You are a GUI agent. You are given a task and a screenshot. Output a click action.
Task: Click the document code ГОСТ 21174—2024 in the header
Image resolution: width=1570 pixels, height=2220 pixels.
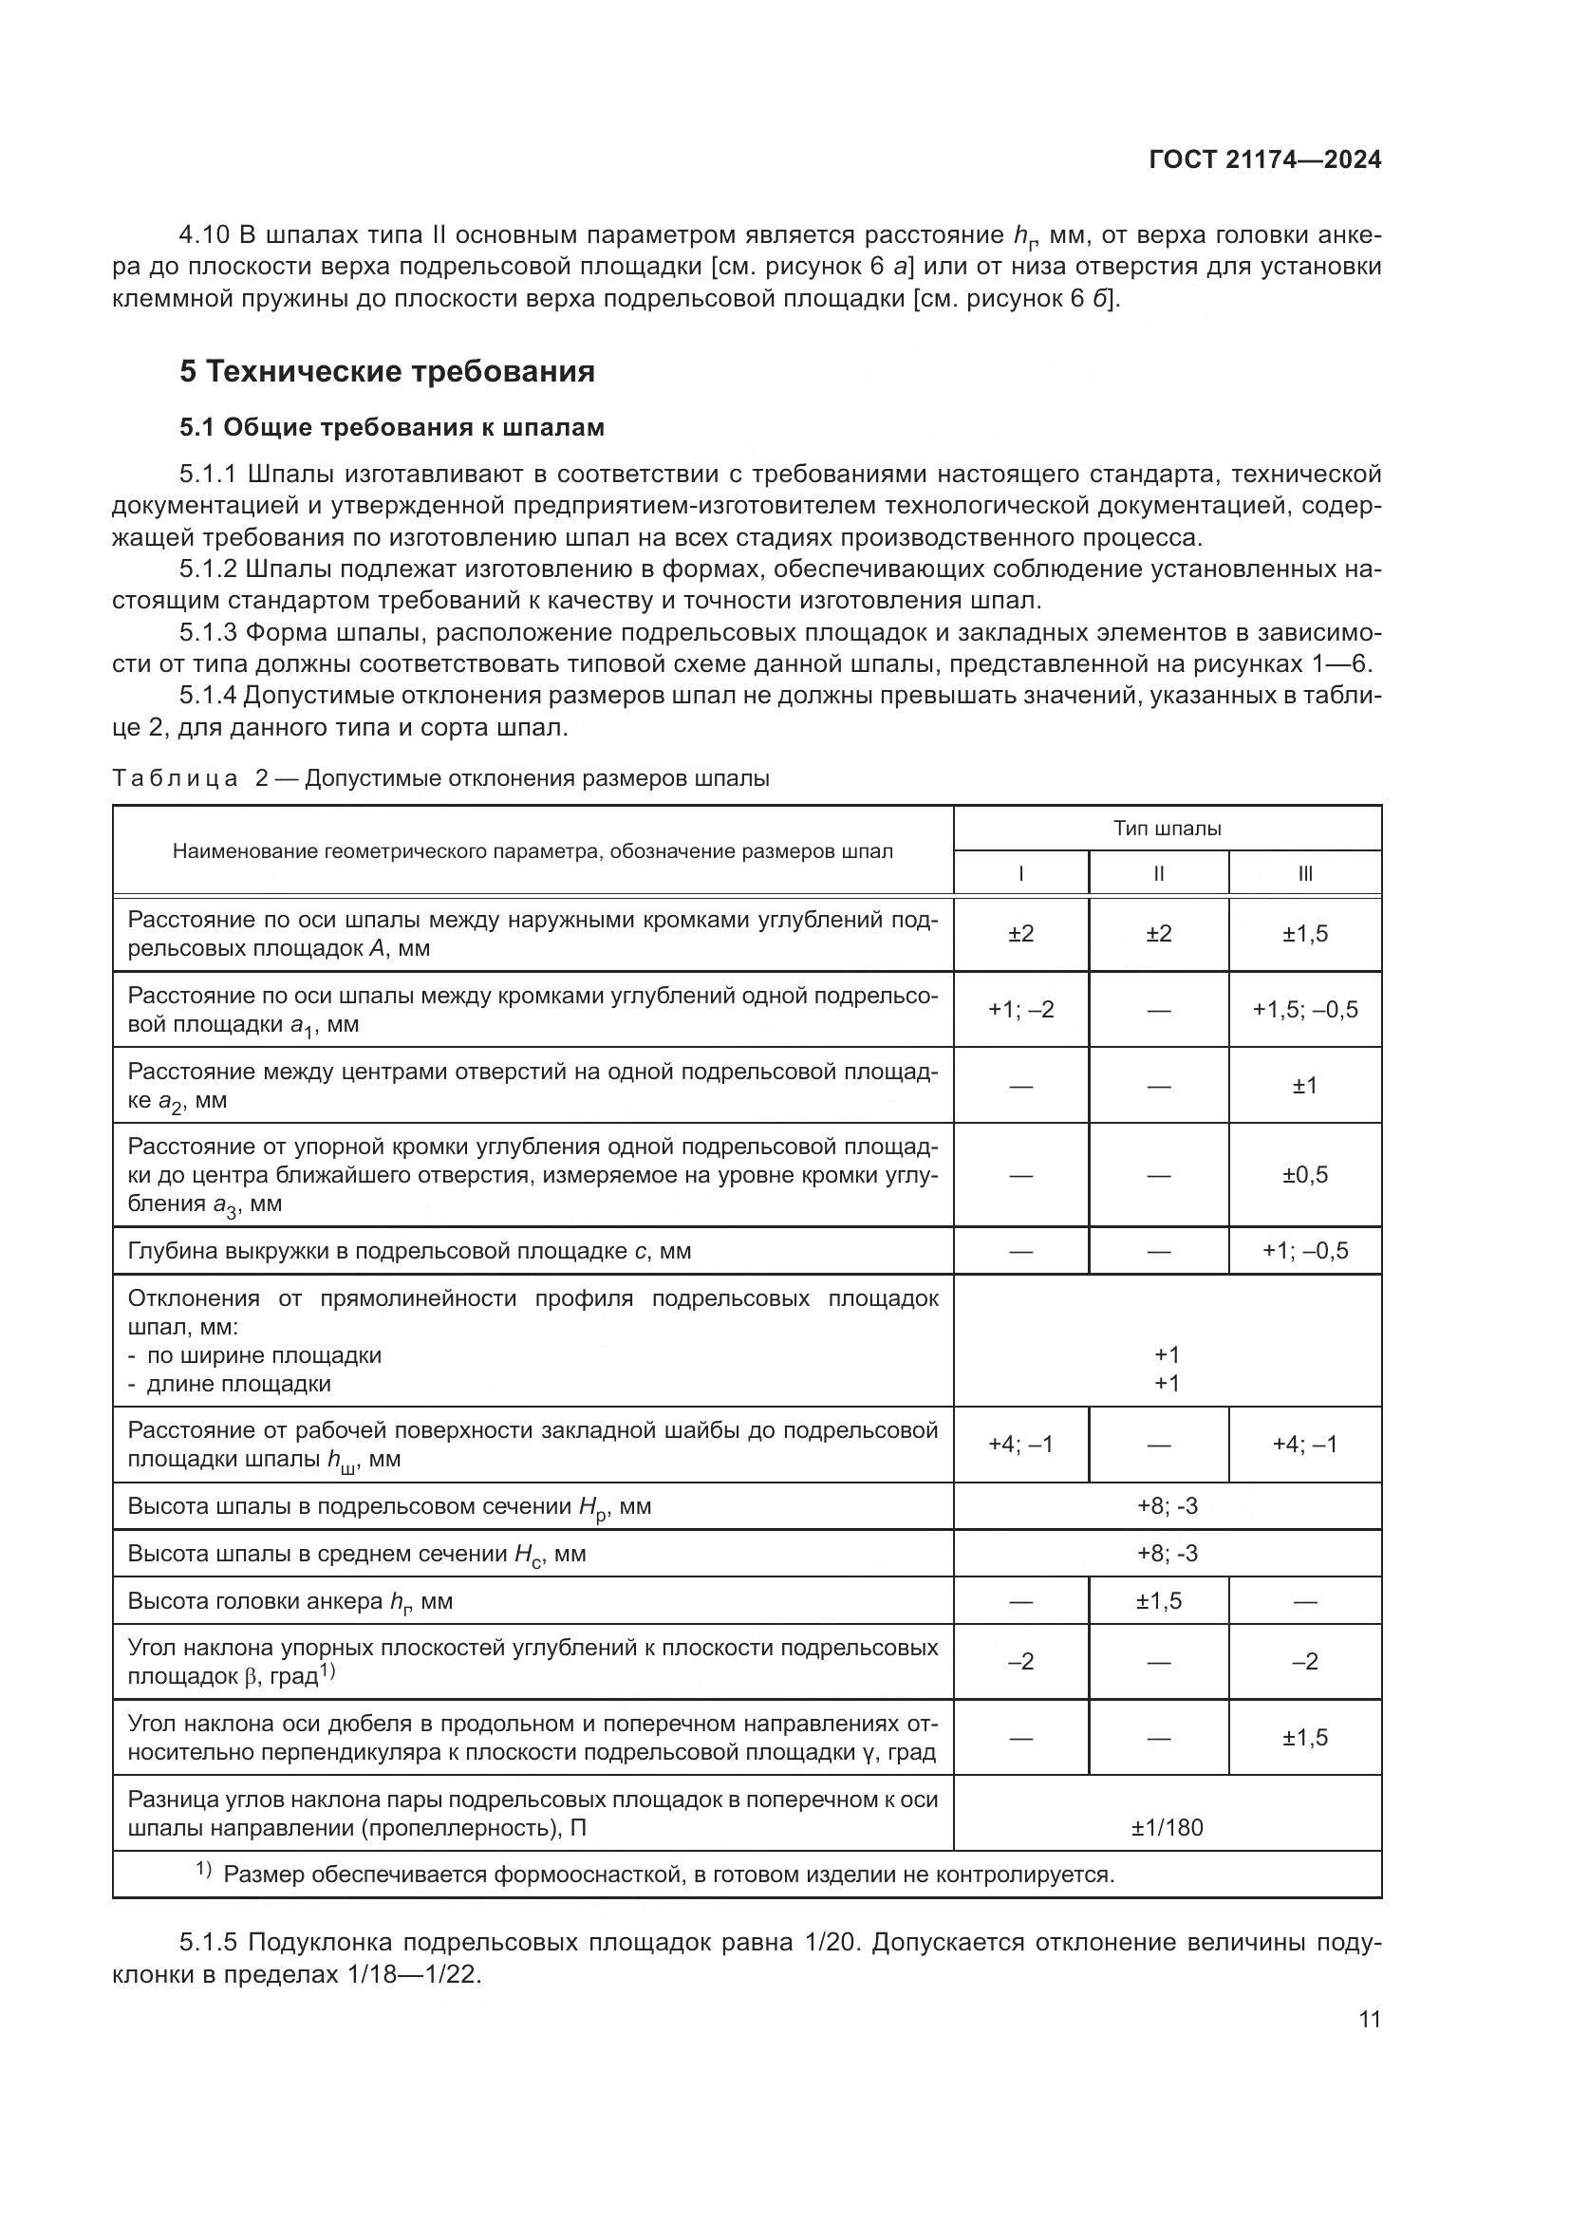pos(1264,160)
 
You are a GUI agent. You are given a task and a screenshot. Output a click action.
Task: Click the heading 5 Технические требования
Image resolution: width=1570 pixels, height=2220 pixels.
pos(386,371)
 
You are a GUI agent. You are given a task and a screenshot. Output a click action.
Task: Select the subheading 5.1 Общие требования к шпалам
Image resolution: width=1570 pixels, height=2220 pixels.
pos(391,427)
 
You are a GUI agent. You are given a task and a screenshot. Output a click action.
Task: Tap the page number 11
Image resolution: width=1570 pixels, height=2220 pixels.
pos(1369,2019)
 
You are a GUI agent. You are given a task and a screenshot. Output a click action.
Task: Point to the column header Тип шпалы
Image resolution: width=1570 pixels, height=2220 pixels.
pos(1167,829)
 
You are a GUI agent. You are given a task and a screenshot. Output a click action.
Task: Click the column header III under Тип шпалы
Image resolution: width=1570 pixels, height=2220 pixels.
pos(1305,874)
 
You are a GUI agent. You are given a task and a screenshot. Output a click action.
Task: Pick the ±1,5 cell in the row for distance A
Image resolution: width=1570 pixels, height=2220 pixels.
pos(1305,934)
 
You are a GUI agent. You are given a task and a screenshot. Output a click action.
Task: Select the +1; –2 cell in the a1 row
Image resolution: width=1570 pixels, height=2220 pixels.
pos(1021,1010)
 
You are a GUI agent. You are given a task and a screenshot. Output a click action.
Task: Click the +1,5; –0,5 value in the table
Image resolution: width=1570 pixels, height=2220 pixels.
pos(1305,1010)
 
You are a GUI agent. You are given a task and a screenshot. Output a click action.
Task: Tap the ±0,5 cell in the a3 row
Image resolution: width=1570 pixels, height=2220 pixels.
pos(1305,1175)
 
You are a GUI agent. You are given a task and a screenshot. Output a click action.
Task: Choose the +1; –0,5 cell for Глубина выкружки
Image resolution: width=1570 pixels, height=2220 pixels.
pos(1305,1251)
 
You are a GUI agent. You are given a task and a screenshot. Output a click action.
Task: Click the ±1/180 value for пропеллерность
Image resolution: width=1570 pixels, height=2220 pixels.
pos(1167,1827)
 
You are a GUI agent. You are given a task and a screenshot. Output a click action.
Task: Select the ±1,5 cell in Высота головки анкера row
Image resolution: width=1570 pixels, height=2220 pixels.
pos(1158,1601)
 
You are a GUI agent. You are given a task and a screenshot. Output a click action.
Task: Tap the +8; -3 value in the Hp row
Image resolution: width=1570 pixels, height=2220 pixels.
pos(1167,1506)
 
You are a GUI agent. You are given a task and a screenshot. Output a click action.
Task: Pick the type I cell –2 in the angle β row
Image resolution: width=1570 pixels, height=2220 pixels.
pos(1021,1662)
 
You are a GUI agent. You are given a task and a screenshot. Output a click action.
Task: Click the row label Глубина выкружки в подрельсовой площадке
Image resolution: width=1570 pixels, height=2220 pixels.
pos(409,1251)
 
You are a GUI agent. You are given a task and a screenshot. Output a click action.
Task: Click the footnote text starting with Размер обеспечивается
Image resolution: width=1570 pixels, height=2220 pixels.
pos(668,1875)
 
